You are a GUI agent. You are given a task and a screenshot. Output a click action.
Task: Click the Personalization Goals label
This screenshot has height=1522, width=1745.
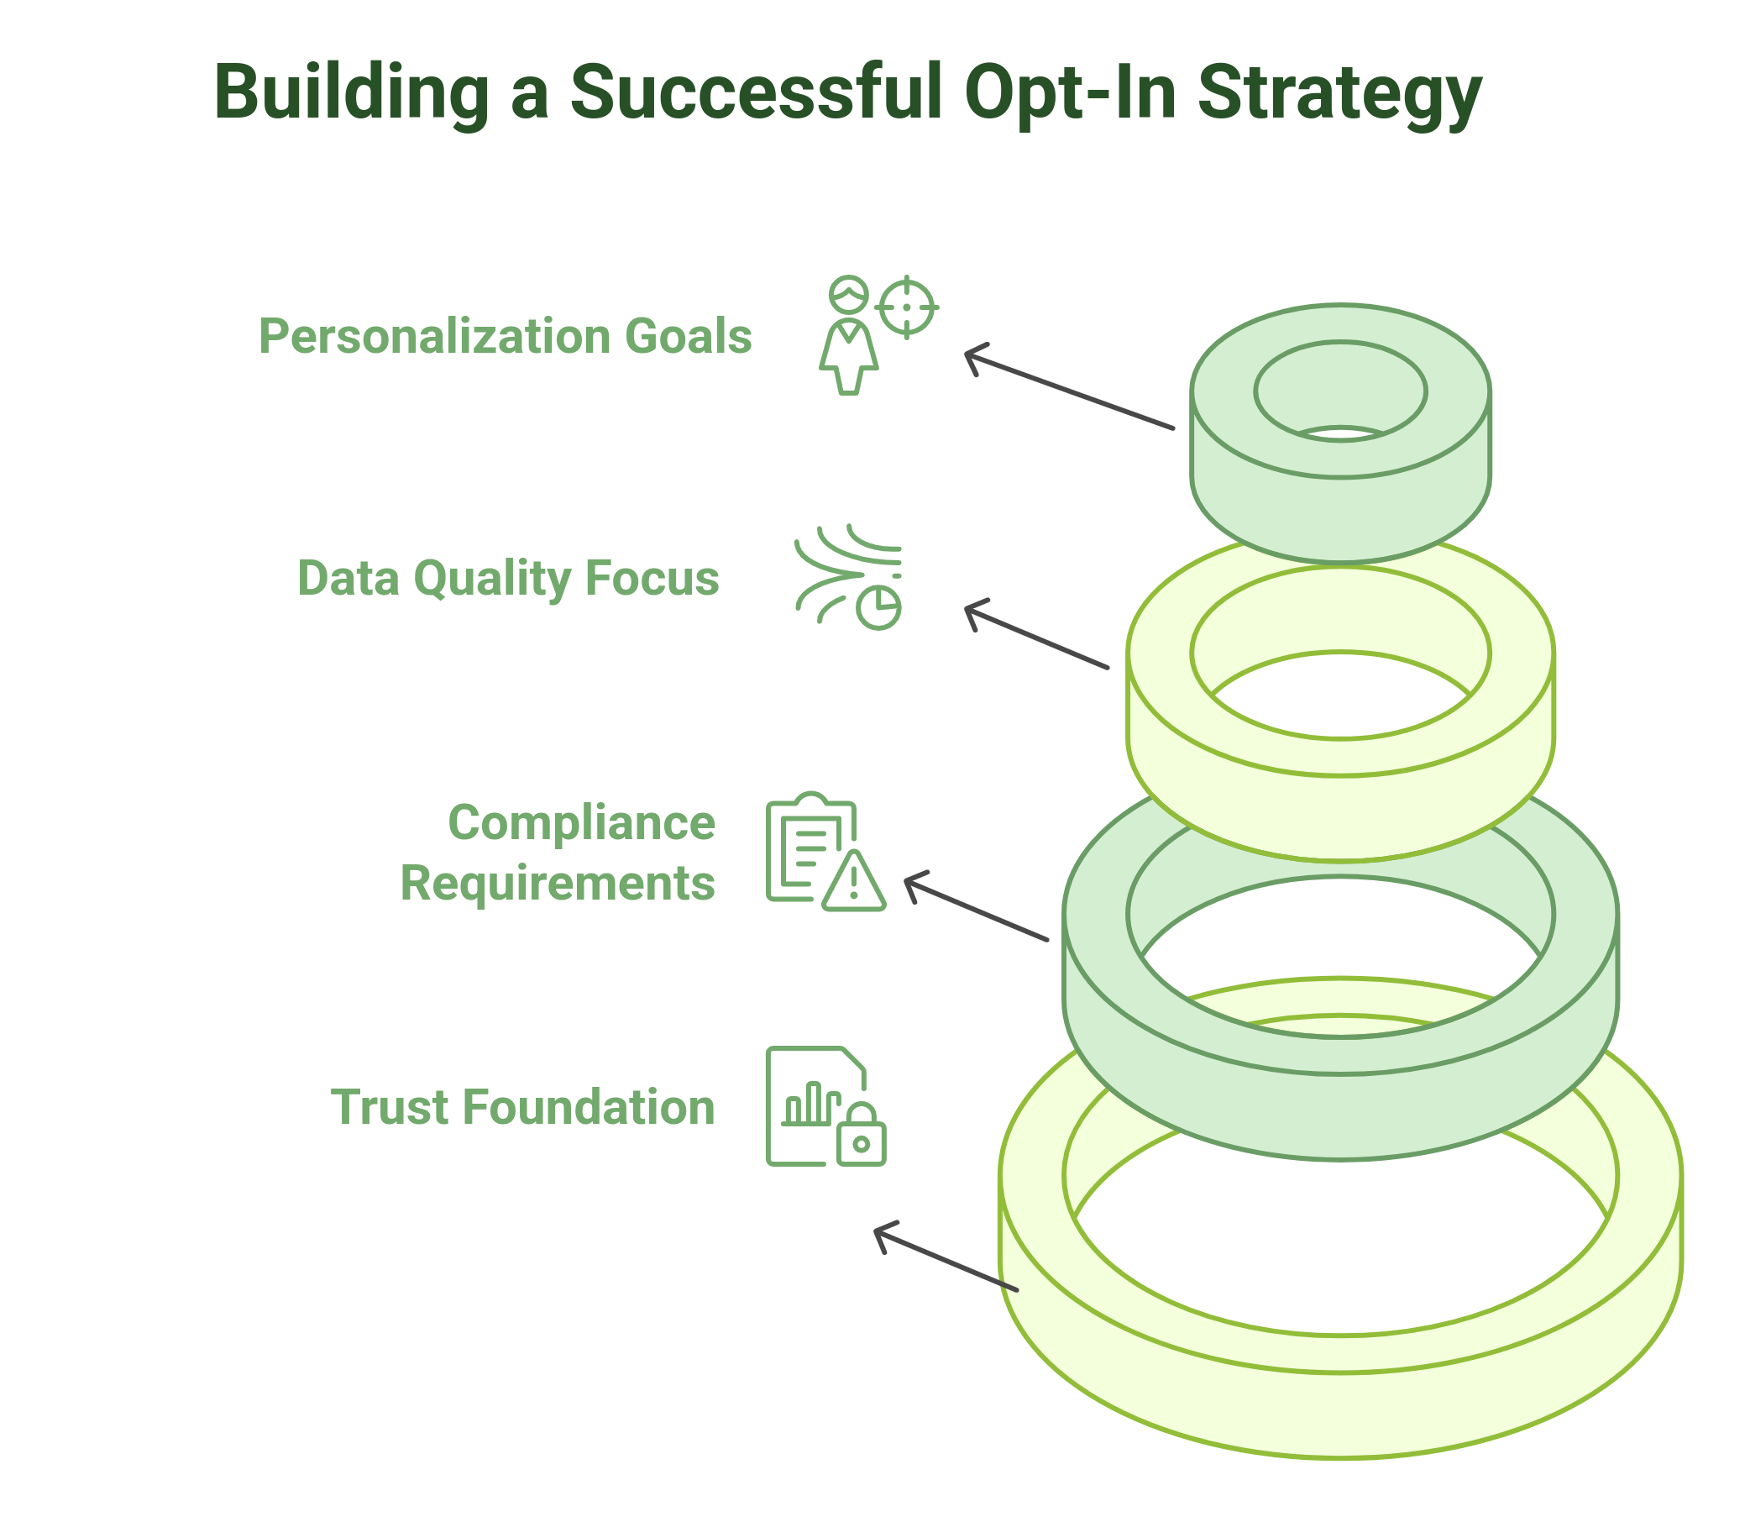(x=506, y=336)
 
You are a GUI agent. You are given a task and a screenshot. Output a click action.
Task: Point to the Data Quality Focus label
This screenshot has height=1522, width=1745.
(x=508, y=579)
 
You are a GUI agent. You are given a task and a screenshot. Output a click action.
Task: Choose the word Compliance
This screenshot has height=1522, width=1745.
(x=582, y=823)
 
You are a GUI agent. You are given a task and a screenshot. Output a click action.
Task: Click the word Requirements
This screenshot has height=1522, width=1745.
(x=557, y=884)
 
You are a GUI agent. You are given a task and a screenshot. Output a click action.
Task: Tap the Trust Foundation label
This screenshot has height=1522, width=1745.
(x=522, y=1108)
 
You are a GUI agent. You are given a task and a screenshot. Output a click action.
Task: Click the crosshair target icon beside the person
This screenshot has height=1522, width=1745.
(x=906, y=307)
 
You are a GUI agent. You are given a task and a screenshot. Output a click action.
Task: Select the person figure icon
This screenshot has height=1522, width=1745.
(x=848, y=339)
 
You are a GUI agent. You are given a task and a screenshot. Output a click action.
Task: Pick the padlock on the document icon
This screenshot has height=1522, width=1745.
(x=861, y=1136)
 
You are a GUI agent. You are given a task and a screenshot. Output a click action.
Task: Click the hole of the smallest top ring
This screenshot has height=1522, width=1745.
(x=1340, y=391)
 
